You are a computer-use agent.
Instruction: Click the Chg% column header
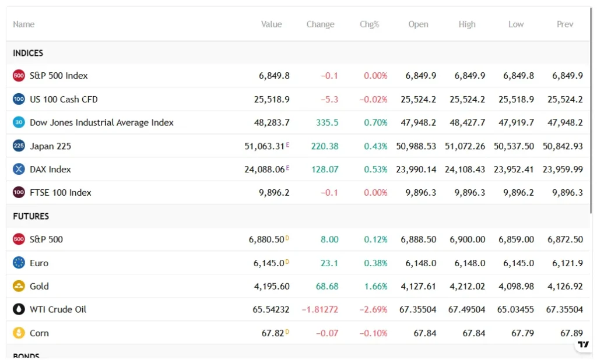(369, 24)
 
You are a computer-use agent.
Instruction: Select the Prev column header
(564, 24)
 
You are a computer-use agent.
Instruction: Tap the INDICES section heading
(28, 53)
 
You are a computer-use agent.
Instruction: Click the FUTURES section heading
(31, 216)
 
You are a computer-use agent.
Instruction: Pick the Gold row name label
(39, 286)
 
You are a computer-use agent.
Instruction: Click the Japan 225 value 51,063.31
(264, 146)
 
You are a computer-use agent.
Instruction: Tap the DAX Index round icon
(19, 170)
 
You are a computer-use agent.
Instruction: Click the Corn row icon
(19, 333)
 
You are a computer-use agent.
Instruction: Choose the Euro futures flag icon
(19, 263)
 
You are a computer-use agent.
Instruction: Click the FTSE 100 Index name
(61, 193)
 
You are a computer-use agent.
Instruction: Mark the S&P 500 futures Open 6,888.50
(418, 239)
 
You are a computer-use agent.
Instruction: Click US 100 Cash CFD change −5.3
(329, 99)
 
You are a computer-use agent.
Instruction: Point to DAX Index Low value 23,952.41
(514, 170)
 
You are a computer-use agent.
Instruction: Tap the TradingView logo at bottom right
(583, 344)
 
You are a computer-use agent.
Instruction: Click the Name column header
(23, 24)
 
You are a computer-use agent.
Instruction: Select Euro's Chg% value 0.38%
(375, 263)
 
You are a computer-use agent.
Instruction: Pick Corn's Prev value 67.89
(571, 333)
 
